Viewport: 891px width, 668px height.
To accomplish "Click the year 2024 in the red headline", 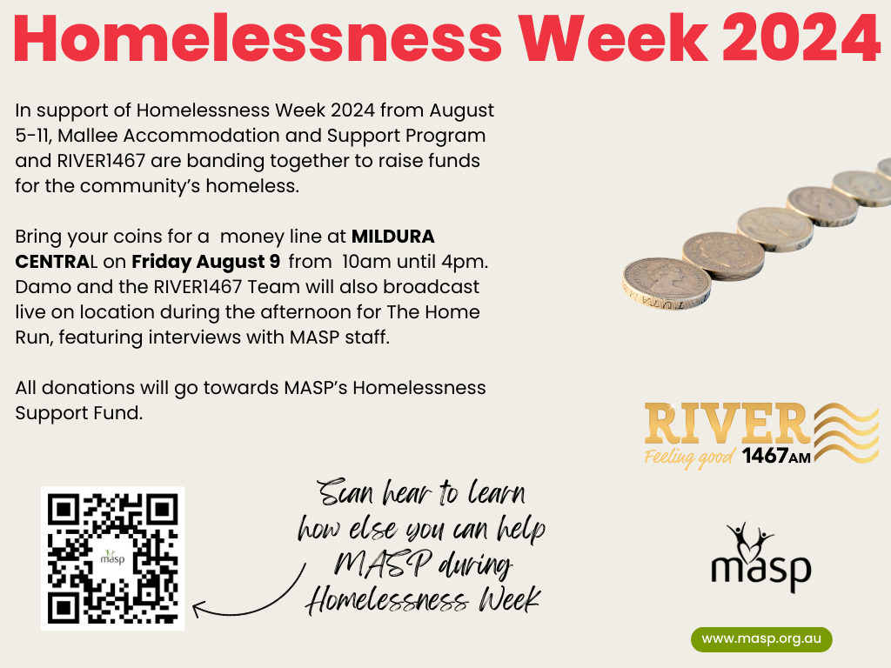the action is [x=801, y=39].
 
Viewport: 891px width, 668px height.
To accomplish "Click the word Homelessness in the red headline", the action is [x=258, y=39].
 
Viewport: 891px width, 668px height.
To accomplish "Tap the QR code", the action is [x=112, y=558].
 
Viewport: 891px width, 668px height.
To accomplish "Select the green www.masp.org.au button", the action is [x=761, y=639].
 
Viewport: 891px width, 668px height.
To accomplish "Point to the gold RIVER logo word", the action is [x=727, y=424].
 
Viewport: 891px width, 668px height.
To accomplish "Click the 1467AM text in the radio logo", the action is [x=776, y=456].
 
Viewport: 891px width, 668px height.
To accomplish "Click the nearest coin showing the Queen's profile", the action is [x=666, y=284].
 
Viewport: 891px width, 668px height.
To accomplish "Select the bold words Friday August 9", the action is [x=205, y=261].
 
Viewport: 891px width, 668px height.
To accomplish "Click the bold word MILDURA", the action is [x=393, y=236].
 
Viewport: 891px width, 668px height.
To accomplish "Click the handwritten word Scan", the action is [x=345, y=492].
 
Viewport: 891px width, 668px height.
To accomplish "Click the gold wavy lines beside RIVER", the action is [x=846, y=432].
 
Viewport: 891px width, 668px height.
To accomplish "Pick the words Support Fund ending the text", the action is [x=79, y=413].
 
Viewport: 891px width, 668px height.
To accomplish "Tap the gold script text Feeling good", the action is [x=690, y=458].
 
